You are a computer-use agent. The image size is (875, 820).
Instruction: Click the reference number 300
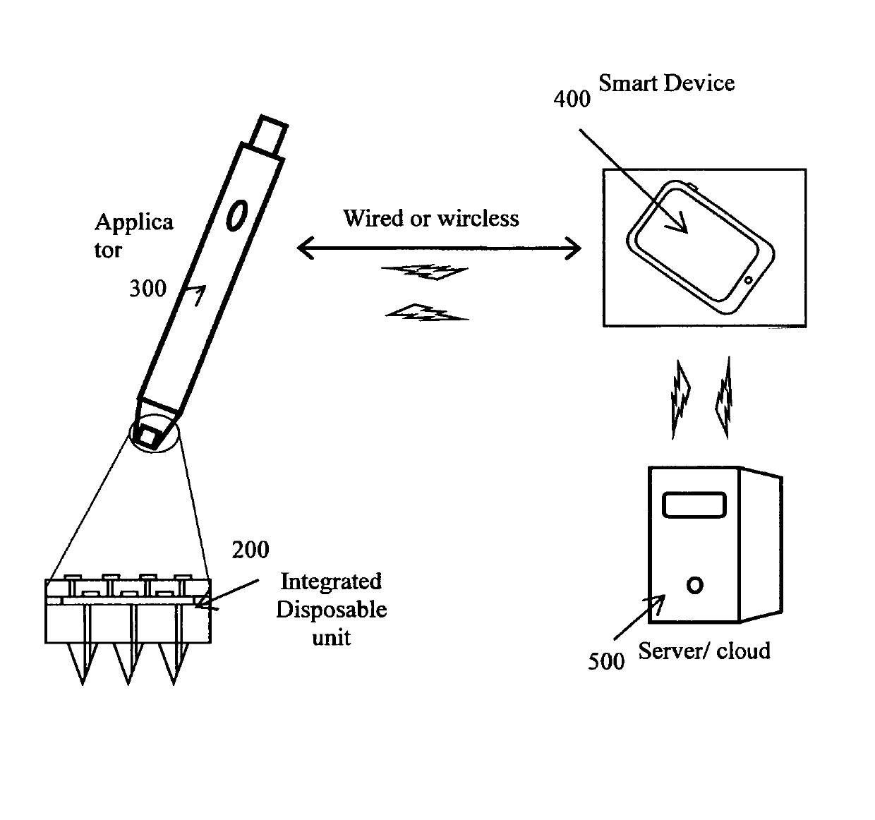147,289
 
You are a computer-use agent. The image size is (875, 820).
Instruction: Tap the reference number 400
572,99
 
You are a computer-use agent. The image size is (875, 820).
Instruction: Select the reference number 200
251,550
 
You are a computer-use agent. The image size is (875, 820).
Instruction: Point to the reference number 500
606,661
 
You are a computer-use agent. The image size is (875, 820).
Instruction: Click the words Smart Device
666,83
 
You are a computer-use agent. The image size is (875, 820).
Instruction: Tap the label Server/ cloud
704,651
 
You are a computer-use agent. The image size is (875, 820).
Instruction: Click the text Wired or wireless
430,219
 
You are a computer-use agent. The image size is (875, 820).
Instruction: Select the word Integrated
331,581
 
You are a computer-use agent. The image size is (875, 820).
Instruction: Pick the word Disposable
331,610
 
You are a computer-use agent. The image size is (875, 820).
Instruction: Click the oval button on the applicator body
236,215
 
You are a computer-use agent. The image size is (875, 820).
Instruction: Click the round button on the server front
694,585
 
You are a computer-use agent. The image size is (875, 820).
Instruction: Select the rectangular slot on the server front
694,505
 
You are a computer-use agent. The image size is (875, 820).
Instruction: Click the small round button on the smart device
748,280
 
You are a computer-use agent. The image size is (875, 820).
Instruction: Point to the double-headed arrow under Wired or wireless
438,248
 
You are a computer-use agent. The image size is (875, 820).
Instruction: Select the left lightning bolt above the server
681,399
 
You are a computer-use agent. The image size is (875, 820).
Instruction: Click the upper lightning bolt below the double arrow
424,272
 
